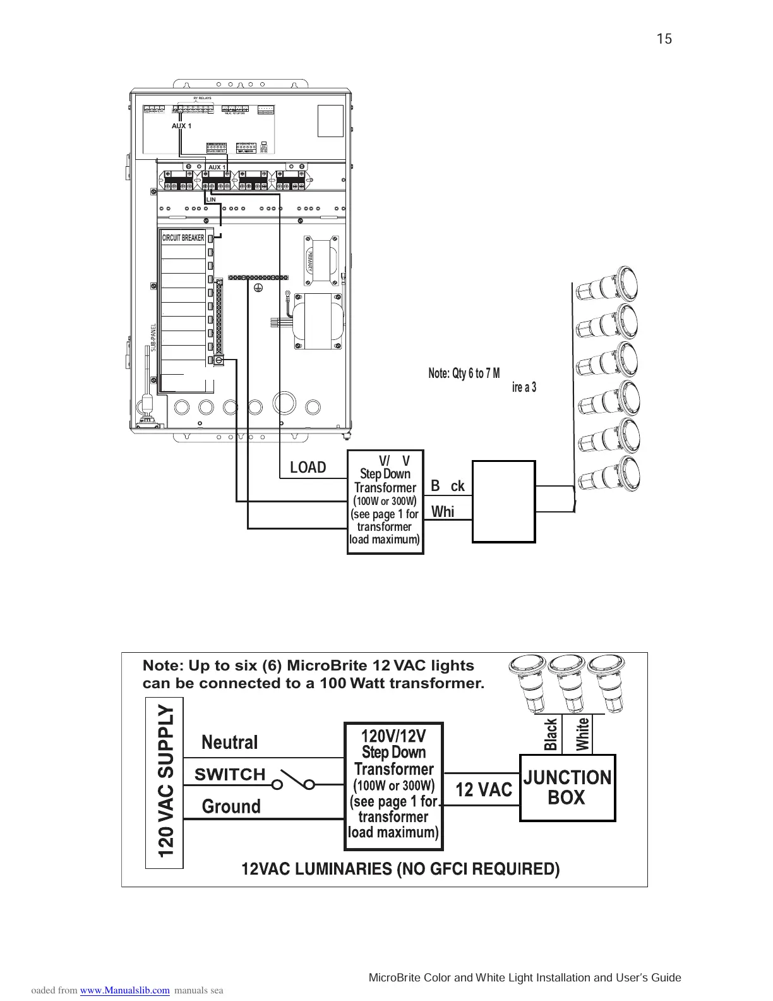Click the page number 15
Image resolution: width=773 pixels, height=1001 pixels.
[x=664, y=39]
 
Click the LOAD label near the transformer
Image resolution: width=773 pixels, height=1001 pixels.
[x=308, y=468]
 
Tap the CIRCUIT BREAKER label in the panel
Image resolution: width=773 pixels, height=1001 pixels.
[x=183, y=238]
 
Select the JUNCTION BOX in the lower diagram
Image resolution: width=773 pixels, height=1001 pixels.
[x=567, y=787]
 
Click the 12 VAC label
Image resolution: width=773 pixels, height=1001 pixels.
[x=484, y=789]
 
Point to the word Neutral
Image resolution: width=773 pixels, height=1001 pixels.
[x=230, y=742]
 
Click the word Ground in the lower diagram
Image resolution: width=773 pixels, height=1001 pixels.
[x=231, y=806]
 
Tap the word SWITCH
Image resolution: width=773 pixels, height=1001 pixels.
[x=230, y=774]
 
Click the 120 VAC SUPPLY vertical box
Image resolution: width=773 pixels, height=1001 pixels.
[x=165, y=782]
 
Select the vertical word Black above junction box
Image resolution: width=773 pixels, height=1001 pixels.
[x=551, y=734]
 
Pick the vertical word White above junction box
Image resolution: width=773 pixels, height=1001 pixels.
[x=582, y=734]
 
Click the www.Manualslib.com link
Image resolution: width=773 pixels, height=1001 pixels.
[x=125, y=990]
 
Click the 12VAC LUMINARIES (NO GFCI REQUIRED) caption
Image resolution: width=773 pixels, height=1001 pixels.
[x=400, y=870]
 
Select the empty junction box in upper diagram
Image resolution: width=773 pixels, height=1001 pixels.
[x=504, y=502]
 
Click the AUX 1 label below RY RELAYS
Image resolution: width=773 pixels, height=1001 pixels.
[x=181, y=126]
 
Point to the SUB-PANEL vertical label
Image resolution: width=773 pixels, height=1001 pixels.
[x=153, y=338]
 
